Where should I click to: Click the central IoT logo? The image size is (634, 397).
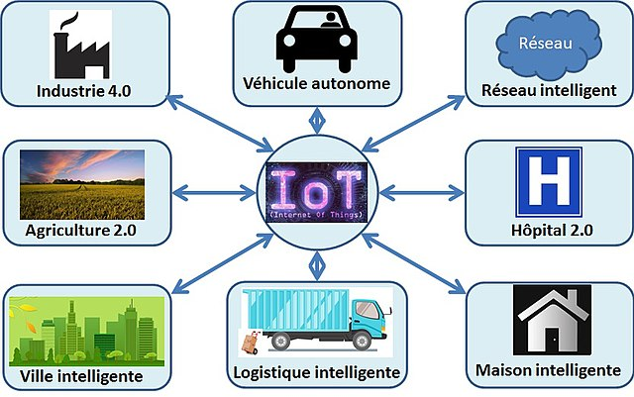[x=316, y=188]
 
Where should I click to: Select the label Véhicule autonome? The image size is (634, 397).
[x=316, y=84]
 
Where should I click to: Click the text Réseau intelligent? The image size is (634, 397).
[x=548, y=90]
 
